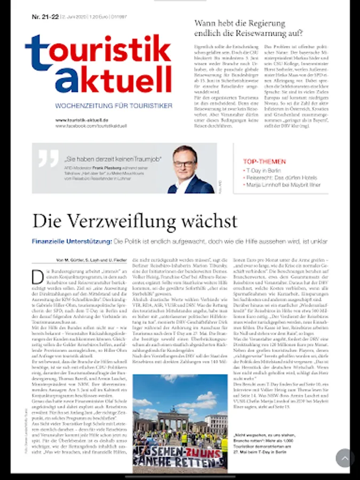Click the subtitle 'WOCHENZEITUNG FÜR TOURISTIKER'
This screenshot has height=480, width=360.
click(x=114, y=106)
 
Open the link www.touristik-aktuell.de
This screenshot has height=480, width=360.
click(x=82, y=120)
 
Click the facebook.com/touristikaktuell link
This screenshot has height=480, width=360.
click(x=91, y=126)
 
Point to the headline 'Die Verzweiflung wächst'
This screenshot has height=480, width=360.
click(x=135, y=220)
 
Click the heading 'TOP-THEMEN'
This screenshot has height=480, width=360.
click(x=264, y=161)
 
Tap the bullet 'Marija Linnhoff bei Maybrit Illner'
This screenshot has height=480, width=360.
click(x=283, y=185)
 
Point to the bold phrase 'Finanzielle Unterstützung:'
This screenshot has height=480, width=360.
click(x=72, y=242)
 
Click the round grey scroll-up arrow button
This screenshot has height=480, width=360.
click(x=345, y=458)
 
